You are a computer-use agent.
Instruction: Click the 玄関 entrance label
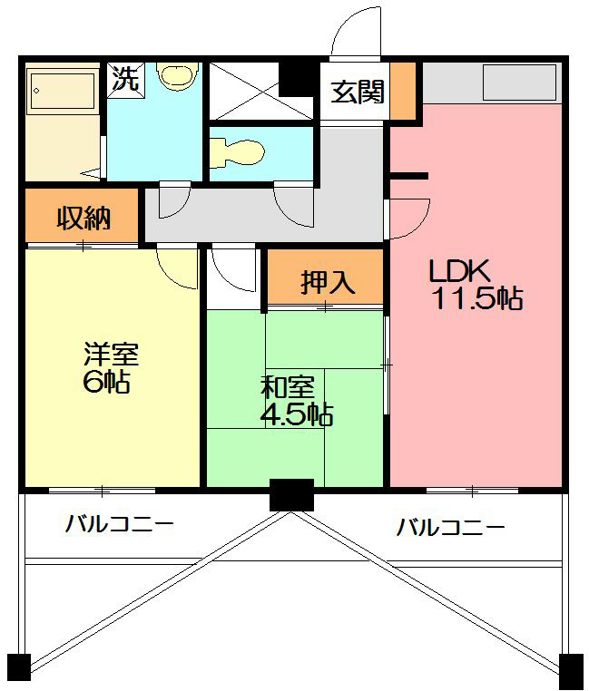[357, 92]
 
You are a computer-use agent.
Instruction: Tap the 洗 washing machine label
[125, 78]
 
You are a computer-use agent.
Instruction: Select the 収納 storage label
[83, 218]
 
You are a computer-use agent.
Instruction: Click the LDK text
[459, 270]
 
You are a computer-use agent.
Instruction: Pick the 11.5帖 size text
[476, 299]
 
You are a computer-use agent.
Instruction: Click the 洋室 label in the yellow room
[110, 354]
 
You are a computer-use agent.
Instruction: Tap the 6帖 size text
[105, 382]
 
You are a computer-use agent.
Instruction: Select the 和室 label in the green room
[288, 387]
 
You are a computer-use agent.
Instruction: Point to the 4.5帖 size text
[297, 414]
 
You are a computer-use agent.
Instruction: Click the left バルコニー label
[118, 525]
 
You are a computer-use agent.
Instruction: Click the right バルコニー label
[450, 527]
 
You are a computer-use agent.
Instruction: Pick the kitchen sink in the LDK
[518, 84]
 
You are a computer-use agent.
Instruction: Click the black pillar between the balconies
[291, 495]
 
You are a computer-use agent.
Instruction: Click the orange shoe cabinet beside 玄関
[402, 91]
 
